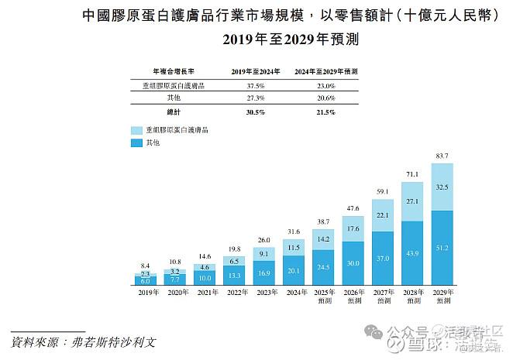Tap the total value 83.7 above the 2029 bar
[442, 156]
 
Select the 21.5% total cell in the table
[325, 112]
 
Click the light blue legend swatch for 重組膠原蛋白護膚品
[137, 131]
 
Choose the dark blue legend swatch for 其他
[137, 143]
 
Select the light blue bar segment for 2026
[353, 229]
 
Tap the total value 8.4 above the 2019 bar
[146, 265]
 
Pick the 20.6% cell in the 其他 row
[325, 99]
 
